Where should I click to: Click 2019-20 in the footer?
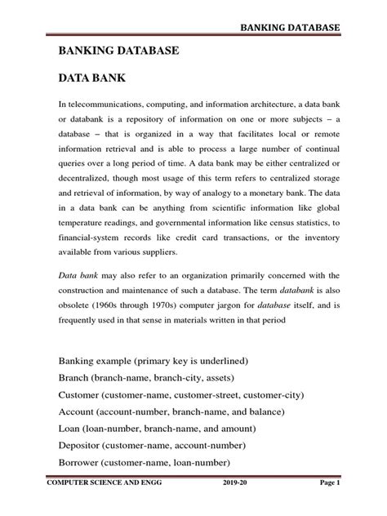point(237,507)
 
